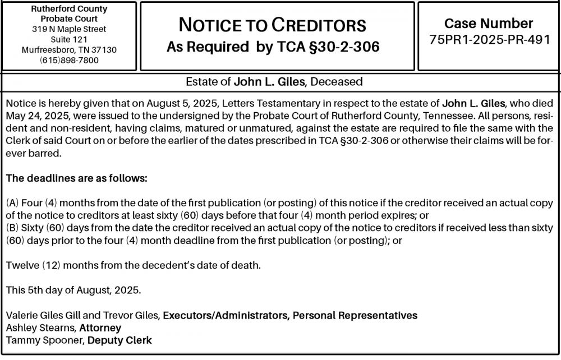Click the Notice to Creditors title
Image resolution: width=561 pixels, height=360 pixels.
coord(272,25)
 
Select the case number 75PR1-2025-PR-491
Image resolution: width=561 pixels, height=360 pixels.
coord(489,40)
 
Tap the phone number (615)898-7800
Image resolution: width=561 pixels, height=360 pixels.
coord(69,60)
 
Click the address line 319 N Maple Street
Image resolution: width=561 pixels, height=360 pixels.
coord(69,29)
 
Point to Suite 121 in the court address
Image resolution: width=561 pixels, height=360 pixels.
coord(69,39)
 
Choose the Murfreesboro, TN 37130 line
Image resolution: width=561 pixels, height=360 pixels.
coord(69,50)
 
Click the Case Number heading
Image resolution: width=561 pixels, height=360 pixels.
coord(489,24)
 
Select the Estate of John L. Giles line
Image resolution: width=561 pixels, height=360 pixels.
coord(274,82)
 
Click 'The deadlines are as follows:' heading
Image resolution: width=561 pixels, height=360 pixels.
coord(76,178)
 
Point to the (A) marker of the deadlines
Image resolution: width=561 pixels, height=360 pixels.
coord(12,202)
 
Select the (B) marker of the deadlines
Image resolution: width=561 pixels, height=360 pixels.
coord(12,228)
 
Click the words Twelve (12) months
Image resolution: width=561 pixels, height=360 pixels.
coord(48,265)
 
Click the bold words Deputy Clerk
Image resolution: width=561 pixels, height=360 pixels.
coord(119,340)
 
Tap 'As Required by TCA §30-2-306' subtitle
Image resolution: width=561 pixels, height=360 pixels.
coord(273,48)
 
